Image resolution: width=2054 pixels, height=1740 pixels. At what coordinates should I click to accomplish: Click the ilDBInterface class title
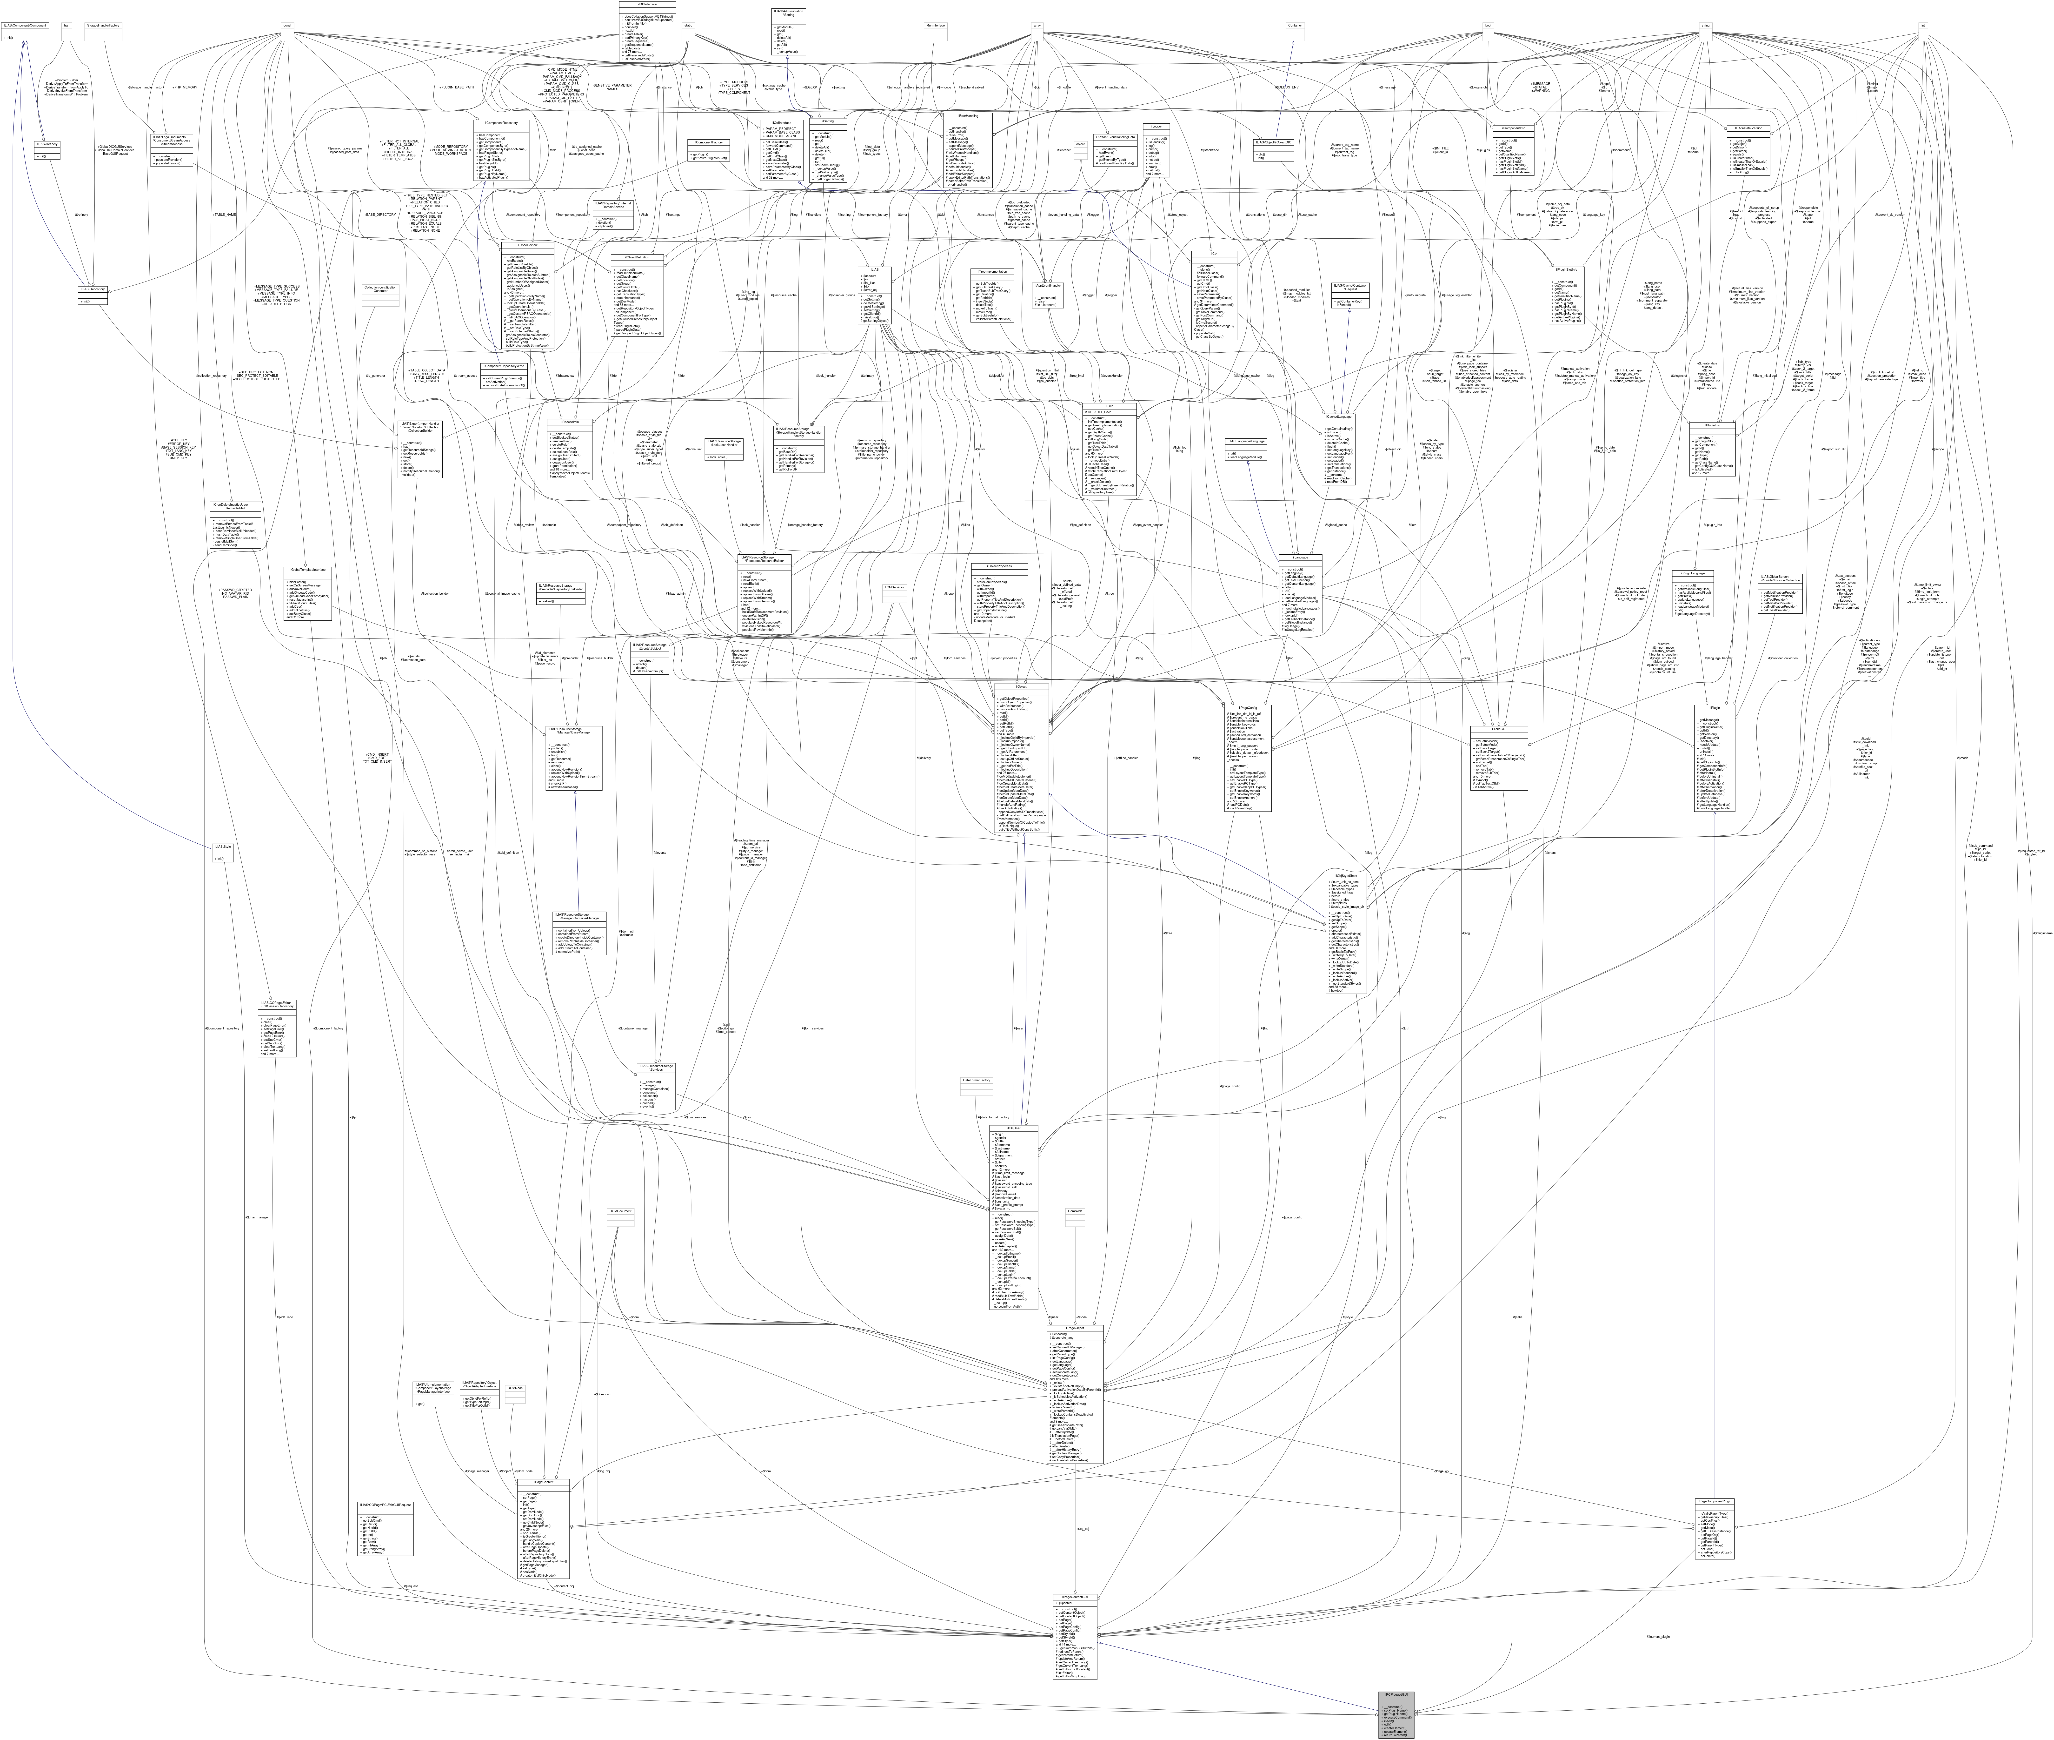pos(647,4)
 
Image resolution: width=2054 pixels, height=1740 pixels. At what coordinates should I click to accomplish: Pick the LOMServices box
pos(894,588)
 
